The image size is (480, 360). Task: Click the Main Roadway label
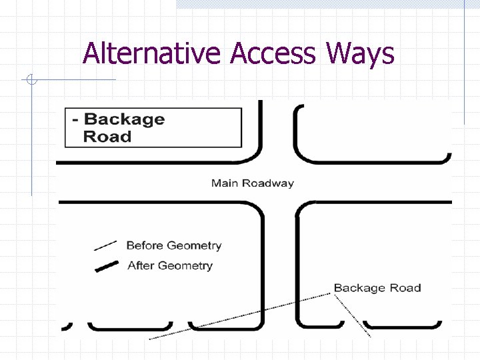pos(252,183)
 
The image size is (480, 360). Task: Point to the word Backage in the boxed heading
pos(124,119)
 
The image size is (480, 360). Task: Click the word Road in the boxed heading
pos(107,137)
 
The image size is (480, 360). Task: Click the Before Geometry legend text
pos(173,245)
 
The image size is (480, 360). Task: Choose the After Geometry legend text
pos(169,265)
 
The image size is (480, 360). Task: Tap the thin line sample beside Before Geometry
pos(105,245)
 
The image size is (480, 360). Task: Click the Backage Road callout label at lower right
pos(377,288)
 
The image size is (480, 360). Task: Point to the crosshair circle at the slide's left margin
pos(31,81)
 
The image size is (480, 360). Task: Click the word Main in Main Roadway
pos(225,183)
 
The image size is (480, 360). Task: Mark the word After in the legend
pos(141,265)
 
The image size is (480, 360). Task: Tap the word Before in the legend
pos(145,245)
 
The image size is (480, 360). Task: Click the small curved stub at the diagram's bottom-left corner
pos(67,326)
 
